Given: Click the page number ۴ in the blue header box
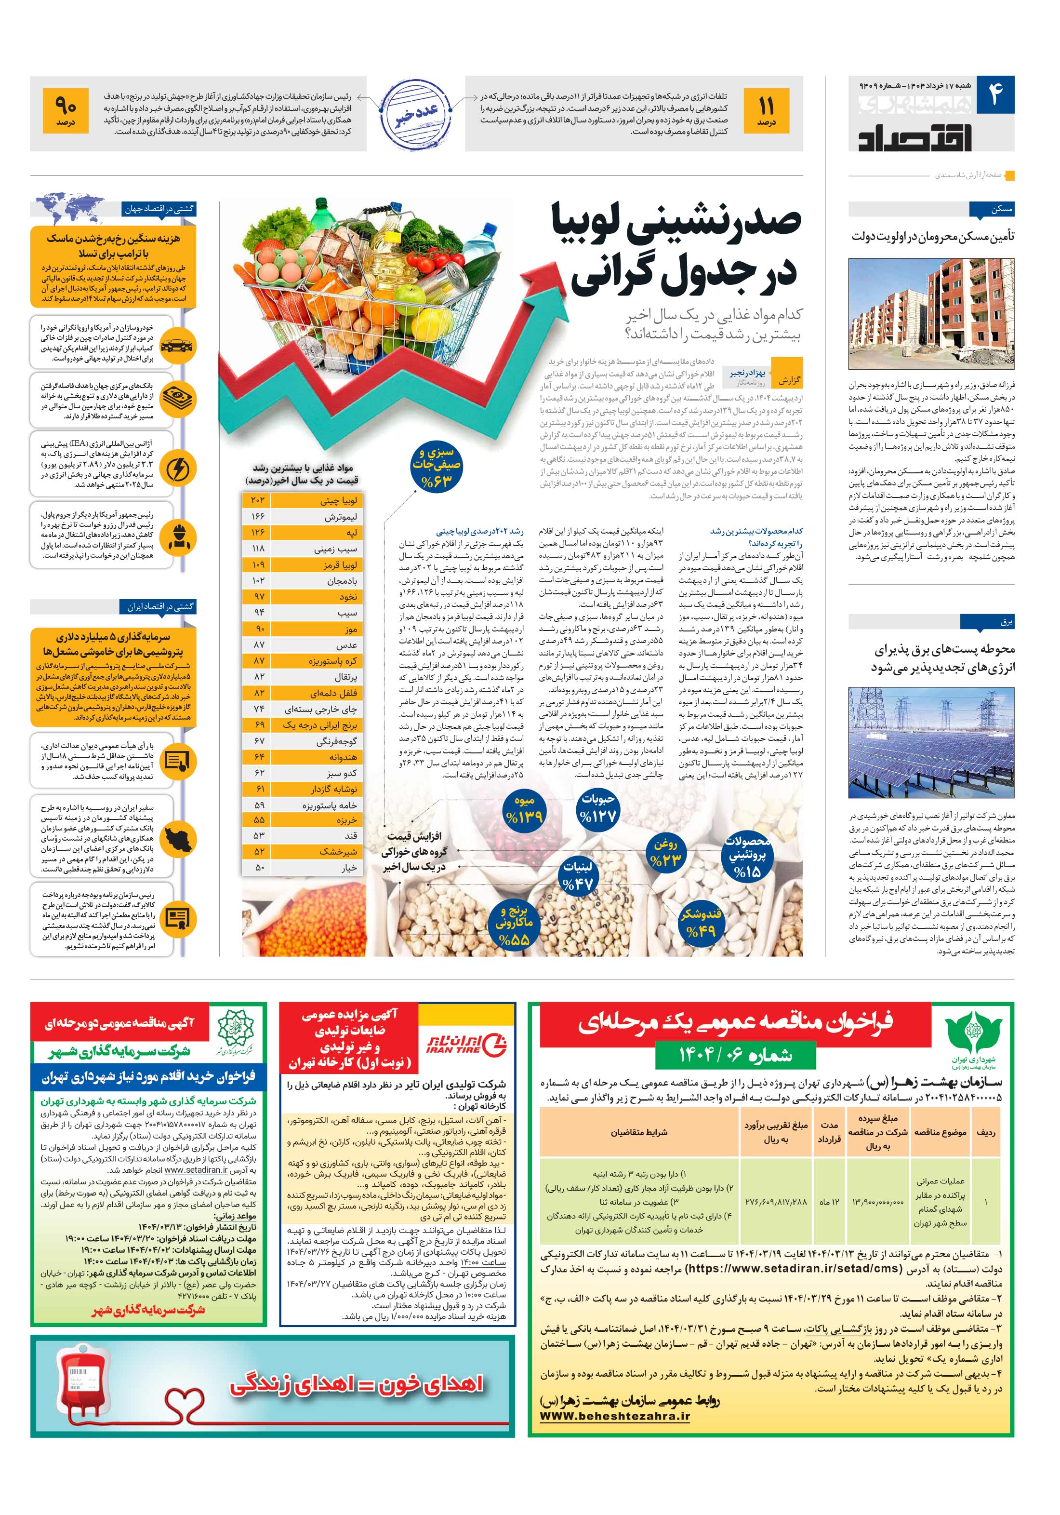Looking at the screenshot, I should click(994, 95).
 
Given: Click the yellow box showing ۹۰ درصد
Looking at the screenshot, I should click(66, 111).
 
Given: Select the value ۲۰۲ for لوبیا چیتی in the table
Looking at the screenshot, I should click(257, 500).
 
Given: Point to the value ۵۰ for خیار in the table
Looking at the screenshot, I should click(259, 867).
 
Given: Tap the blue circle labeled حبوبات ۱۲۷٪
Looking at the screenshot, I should click(597, 808).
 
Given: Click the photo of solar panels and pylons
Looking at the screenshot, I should click(931, 742).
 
